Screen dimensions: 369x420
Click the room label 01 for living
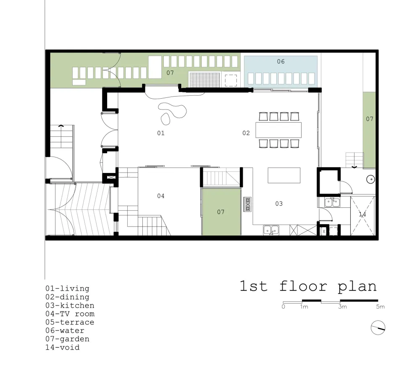pyautogui.click(x=160, y=133)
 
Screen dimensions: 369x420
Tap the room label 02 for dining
pyautogui.click(x=246, y=133)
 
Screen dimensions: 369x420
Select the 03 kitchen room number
pyautogui.click(x=279, y=204)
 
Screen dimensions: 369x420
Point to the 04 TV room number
pyautogui.click(x=161, y=196)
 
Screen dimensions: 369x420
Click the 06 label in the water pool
pyautogui.click(x=281, y=62)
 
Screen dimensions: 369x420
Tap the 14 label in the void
pyautogui.click(x=362, y=214)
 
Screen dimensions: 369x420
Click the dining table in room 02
pyautogui.click(x=279, y=130)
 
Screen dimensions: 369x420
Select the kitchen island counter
pyautogui.click(x=284, y=175)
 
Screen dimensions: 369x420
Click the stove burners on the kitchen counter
pyautogui.click(x=247, y=204)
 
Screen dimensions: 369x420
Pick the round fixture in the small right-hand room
pyautogui.click(x=370, y=179)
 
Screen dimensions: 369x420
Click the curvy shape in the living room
pyautogui.click(x=172, y=112)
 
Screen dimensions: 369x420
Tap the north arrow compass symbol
pyautogui.click(x=378, y=327)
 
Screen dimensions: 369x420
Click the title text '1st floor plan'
pyautogui.click(x=308, y=286)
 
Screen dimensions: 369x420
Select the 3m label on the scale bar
pyautogui.click(x=342, y=307)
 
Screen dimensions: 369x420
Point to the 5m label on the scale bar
pyautogui.click(x=380, y=307)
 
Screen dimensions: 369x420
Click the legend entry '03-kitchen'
pyautogui.click(x=70, y=305)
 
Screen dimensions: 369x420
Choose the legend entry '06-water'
pyautogui.click(x=65, y=330)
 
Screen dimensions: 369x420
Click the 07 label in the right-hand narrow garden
pyautogui.click(x=369, y=119)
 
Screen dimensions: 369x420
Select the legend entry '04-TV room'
pyautogui.click(x=70, y=314)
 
